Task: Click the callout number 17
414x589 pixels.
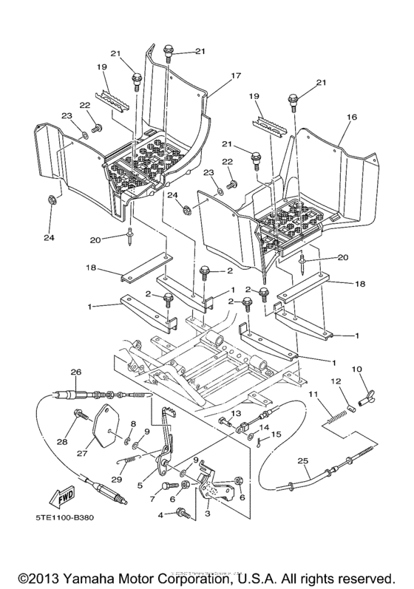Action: tap(216, 76)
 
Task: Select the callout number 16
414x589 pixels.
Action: tap(351, 117)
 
